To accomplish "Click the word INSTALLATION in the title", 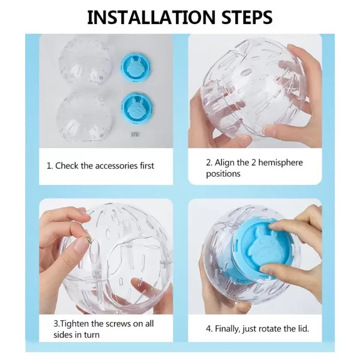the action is click(x=151, y=17).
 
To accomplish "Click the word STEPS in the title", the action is click(x=247, y=17).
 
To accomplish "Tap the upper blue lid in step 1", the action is click(x=136, y=67).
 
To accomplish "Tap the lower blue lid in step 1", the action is click(x=137, y=107).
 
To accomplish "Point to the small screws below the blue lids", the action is click(x=135, y=134).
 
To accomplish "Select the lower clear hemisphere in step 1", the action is click(x=85, y=115).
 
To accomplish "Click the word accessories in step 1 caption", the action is click(x=116, y=166).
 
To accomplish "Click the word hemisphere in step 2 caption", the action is click(x=280, y=163).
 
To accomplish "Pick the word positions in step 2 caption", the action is click(x=223, y=174).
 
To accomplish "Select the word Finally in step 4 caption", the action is click(x=227, y=329).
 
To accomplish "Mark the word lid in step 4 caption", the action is click(x=303, y=329).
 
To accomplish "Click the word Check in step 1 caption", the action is click(x=67, y=166).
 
